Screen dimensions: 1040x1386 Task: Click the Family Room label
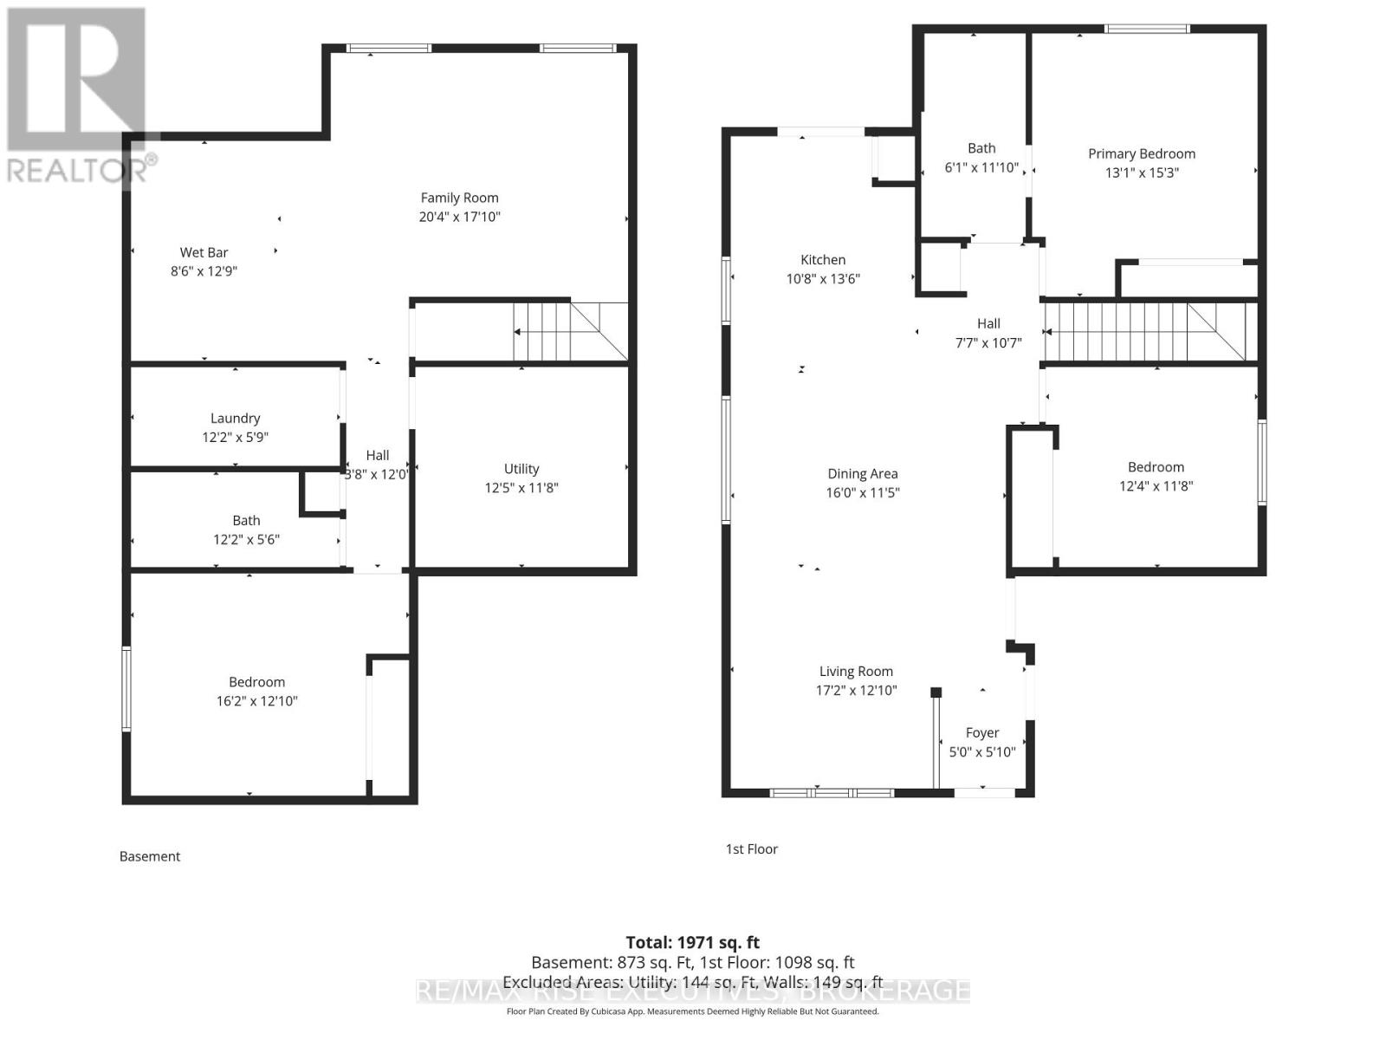(x=459, y=198)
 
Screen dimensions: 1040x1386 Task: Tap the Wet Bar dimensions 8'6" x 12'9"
(x=204, y=271)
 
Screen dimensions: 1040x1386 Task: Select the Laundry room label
(x=235, y=418)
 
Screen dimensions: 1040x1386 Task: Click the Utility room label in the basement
(x=521, y=469)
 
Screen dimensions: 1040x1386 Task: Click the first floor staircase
(x=1143, y=331)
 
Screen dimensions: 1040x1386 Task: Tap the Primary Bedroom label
(x=1141, y=153)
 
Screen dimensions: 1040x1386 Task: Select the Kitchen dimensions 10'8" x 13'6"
(x=822, y=279)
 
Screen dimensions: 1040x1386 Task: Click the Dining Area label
(x=862, y=473)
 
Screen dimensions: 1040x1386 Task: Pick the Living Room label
(x=856, y=671)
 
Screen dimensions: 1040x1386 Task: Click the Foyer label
(x=981, y=732)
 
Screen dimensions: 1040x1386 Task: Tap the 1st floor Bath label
(x=981, y=148)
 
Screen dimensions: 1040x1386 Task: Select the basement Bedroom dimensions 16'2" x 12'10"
(x=256, y=701)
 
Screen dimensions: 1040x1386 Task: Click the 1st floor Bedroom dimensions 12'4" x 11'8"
(x=1156, y=486)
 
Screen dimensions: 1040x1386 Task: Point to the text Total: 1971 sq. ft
(x=692, y=942)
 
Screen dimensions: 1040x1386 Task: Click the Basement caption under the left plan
(x=149, y=856)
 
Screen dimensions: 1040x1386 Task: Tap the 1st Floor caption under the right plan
(x=751, y=849)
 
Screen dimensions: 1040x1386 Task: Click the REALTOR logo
(x=78, y=95)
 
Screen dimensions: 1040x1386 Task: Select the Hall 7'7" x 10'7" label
(x=988, y=333)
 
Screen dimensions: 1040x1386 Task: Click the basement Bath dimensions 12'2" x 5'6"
(x=246, y=540)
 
